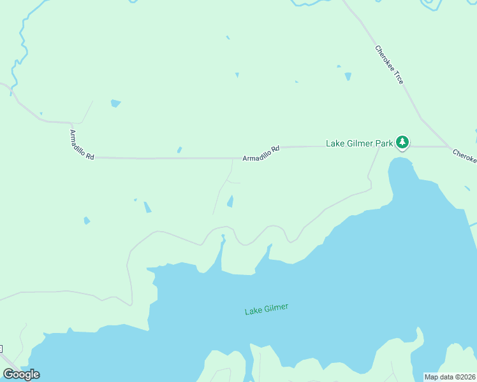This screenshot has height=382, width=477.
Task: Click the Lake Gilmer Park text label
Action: point(359,143)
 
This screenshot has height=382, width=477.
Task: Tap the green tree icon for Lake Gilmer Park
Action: point(402,143)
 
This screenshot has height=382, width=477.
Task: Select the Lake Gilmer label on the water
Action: point(267,309)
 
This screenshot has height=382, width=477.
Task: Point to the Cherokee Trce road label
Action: point(389,64)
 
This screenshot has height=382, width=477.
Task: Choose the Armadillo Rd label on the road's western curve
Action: point(82,145)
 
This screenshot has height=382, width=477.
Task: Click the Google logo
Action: point(21,374)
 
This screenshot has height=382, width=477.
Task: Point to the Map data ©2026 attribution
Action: point(450,376)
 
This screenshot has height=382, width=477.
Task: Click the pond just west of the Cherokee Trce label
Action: point(348,76)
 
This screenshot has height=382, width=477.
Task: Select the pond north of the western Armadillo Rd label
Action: point(115,103)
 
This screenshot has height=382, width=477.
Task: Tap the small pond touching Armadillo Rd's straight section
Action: point(179,150)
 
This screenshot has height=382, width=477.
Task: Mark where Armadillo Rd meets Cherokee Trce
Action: point(448,146)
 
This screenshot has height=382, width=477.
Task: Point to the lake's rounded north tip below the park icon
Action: point(400,163)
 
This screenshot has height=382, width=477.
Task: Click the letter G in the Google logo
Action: point(8,374)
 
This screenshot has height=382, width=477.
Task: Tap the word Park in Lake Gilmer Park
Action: point(383,143)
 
